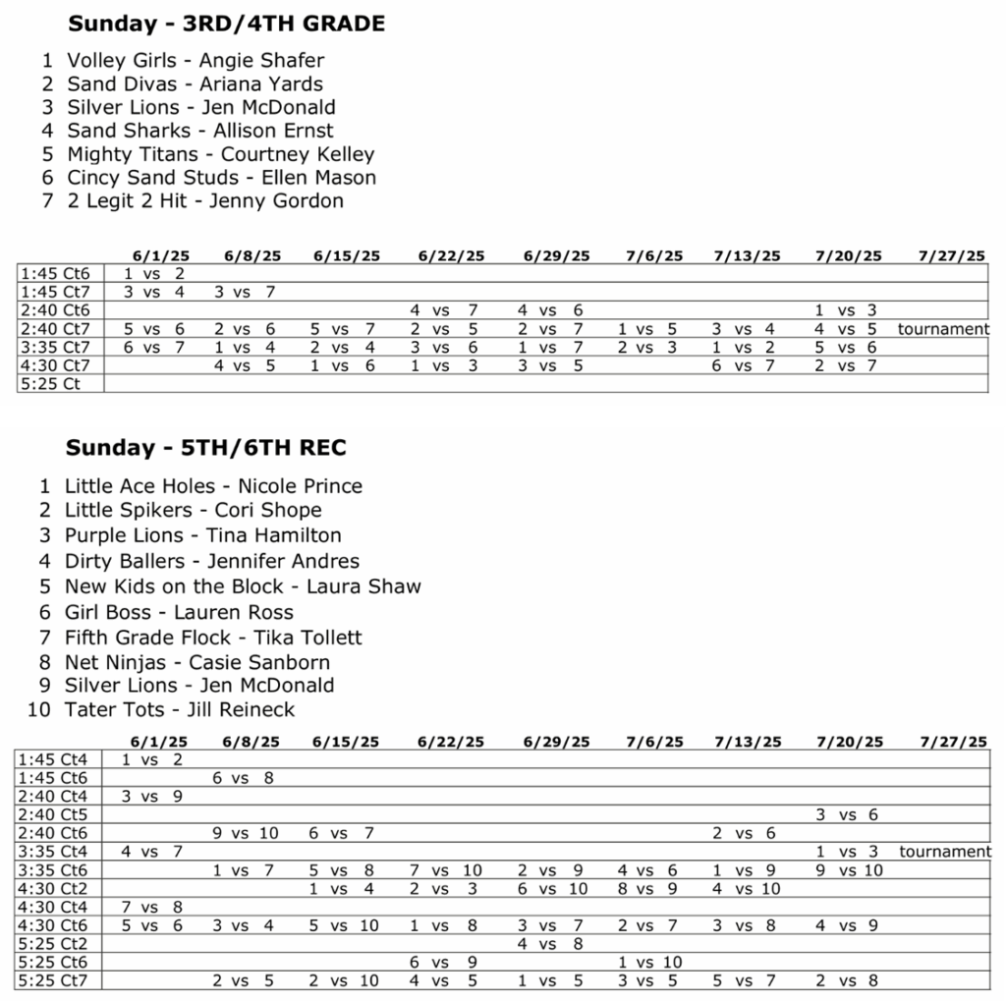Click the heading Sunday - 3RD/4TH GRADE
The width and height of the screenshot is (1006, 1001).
(225, 25)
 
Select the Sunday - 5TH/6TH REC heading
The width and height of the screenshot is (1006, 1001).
(205, 448)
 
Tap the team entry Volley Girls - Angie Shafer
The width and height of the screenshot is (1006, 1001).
(195, 61)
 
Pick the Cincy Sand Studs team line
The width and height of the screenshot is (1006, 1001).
(221, 178)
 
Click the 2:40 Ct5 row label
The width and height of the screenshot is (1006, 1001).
(53, 814)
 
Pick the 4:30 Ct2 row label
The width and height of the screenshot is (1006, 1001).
(53, 889)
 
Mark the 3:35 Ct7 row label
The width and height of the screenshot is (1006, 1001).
(55, 347)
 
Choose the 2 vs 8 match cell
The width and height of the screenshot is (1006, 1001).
(847, 980)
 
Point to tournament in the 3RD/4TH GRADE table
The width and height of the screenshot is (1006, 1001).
(943, 329)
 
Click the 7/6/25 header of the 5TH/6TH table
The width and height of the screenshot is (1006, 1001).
(654, 742)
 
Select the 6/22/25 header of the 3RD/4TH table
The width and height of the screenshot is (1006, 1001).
(451, 256)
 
